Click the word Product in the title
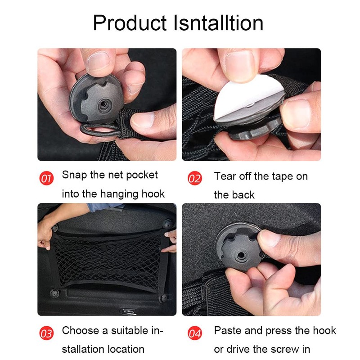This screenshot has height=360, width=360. coord(130,23)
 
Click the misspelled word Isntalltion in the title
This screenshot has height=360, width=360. coord(218,23)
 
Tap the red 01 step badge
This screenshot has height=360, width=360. coord(46,178)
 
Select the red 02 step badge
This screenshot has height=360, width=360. coord(195,178)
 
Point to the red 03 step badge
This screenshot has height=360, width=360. coord(46,333)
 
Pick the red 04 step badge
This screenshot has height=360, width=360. coord(195,333)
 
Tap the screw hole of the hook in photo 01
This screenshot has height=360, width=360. coord(104,105)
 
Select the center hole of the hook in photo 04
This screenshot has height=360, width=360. coord(240,255)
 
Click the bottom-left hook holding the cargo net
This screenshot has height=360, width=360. coord(54,293)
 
